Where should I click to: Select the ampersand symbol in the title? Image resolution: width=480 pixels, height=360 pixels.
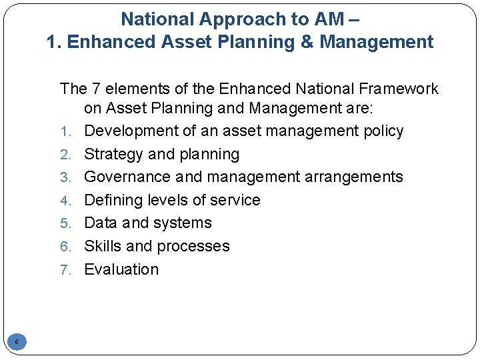click(x=307, y=42)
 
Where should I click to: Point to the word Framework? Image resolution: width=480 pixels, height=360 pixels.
click(x=400, y=89)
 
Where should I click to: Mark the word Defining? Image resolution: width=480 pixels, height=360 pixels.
click(x=111, y=200)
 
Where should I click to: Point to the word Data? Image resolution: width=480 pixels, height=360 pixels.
click(x=100, y=223)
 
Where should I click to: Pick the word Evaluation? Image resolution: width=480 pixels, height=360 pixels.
click(x=121, y=269)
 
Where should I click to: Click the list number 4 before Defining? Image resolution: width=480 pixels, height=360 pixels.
click(x=65, y=201)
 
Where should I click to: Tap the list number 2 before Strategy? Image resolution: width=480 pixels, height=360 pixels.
click(x=65, y=155)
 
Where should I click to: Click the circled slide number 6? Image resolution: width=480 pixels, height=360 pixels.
click(x=17, y=343)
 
